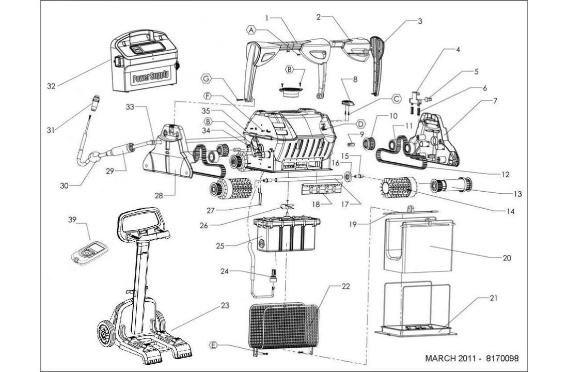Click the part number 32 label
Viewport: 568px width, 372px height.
point(51,86)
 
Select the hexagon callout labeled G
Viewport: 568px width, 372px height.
point(206,79)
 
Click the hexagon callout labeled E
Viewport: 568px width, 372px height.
point(213,345)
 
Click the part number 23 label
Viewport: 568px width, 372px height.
point(225,305)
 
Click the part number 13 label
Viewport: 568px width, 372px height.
point(517,194)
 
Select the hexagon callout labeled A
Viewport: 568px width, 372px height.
point(251,30)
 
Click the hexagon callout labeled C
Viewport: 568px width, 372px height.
point(396,98)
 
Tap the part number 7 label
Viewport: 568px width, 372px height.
point(495,101)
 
